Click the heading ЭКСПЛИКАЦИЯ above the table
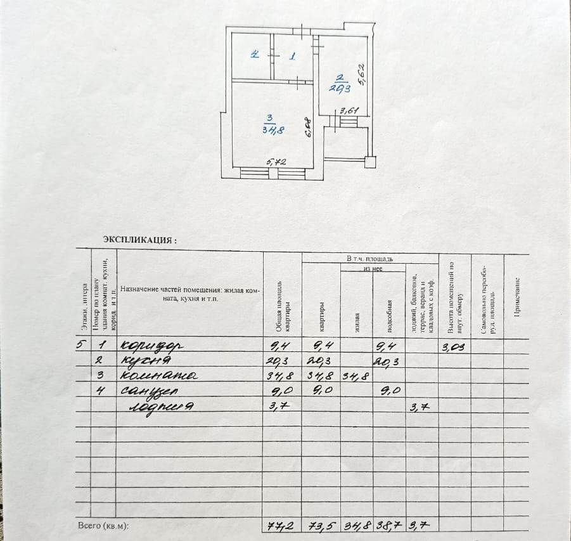point(139,240)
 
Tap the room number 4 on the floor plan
point(254,55)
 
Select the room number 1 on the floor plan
point(292,56)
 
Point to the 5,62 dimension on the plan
point(361,74)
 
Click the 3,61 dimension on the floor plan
point(349,110)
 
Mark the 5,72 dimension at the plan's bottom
point(276,162)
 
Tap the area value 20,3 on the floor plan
point(340,88)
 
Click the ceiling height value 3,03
point(454,346)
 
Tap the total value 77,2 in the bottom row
point(281,525)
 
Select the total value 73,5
point(321,525)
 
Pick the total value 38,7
point(388,525)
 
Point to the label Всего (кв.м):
point(103,526)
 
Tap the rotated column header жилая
point(357,323)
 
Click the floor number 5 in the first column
point(79,346)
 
